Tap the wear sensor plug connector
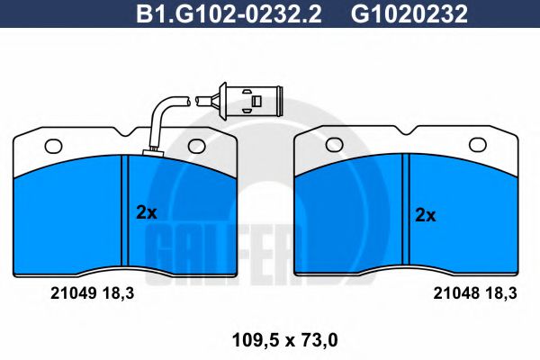(x=251, y=97)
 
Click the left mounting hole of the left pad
(x=51, y=145)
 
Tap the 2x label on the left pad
(x=146, y=213)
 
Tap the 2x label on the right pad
(x=425, y=215)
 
